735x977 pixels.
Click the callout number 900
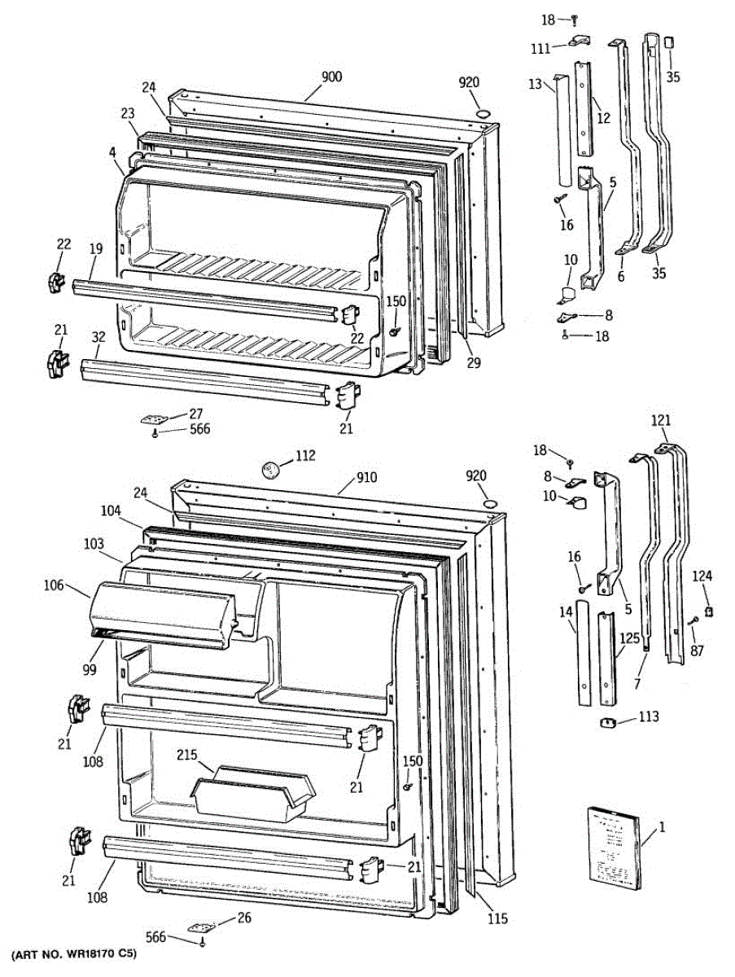click(331, 77)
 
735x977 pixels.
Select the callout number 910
click(366, 478)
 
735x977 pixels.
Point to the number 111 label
click(540, 50)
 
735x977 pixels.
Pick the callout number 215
click(188, 755)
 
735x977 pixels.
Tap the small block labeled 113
click(606, 722)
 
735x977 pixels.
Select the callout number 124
click(702, 576)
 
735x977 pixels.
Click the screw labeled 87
click(693, 623)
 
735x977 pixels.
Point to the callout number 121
click(661, 420)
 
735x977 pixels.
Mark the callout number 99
click(89, 669)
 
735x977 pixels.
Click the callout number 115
click(497, 919)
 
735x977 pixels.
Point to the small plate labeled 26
click(200, 927)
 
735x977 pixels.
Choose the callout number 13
click(535, 84)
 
